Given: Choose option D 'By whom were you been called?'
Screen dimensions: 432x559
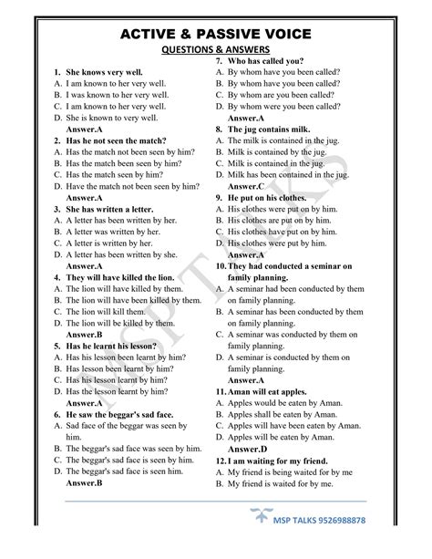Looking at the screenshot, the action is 289,106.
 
